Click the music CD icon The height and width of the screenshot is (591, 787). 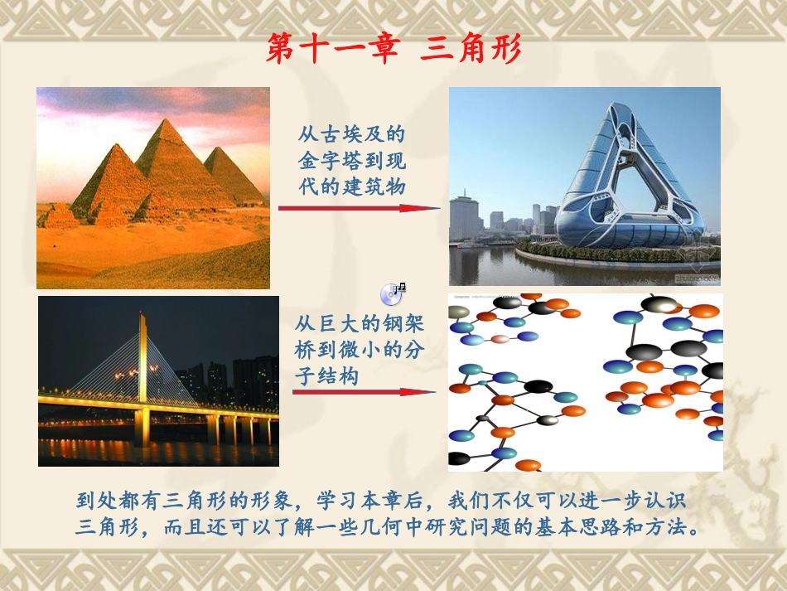pos(393,293)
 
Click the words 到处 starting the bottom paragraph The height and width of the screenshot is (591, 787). pos(92,501)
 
